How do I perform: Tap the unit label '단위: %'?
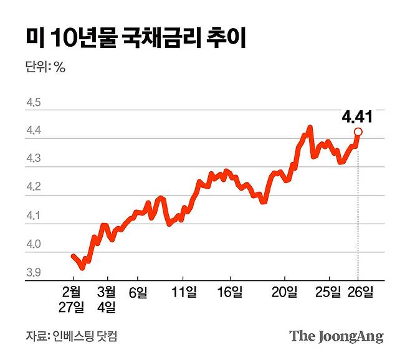tap(45, 67)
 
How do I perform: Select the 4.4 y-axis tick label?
tap(33, 131)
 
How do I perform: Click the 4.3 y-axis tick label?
tap(33, 159)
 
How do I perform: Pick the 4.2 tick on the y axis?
tap(33, 187)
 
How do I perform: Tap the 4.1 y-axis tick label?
tap(33, 216)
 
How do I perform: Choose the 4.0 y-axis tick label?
tap(33, 245)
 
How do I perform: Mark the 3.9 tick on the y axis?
tap(33, 273)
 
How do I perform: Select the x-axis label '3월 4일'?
tap(107, 298)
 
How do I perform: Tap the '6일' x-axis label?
tap(138, 291)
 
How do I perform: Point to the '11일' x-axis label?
tap(183, 291)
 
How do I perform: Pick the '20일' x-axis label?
tap(285, 291)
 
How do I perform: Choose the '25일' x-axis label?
tap(328, 291)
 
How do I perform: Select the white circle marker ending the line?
tap(358, 131)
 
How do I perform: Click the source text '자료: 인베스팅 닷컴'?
tap(72, 337)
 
